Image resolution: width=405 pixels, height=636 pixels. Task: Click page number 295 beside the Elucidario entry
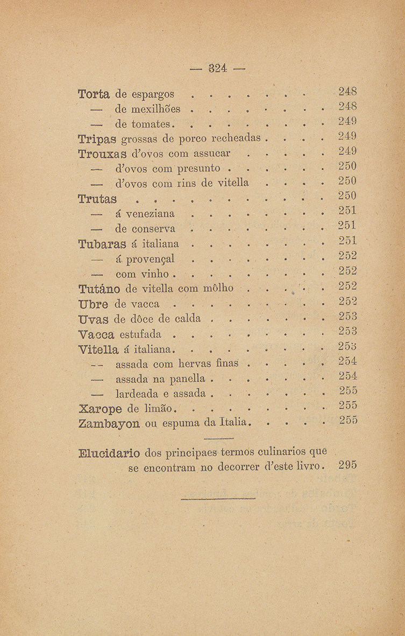(349, 465)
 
